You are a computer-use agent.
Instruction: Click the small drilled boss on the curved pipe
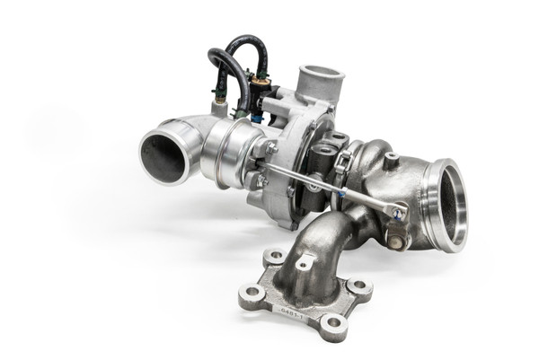click(x=306, y=264)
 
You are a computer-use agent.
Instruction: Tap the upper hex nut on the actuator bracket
click(x=269, y=146)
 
